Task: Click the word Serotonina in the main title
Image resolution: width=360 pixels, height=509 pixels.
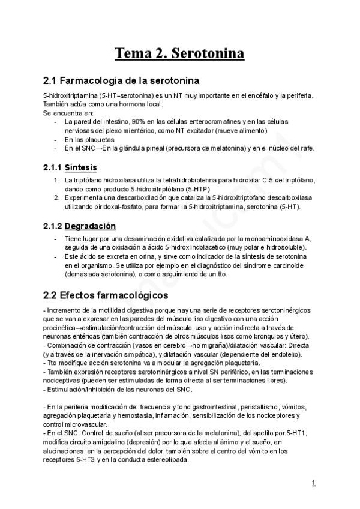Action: [208, 53]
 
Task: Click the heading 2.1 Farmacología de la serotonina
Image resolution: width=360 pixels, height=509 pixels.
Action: [122, 80]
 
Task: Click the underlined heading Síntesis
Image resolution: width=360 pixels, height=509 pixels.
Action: [81, 167]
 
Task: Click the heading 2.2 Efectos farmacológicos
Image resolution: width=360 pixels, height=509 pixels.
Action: [106, 296]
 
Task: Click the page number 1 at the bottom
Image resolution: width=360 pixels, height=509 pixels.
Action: [314, 483]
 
